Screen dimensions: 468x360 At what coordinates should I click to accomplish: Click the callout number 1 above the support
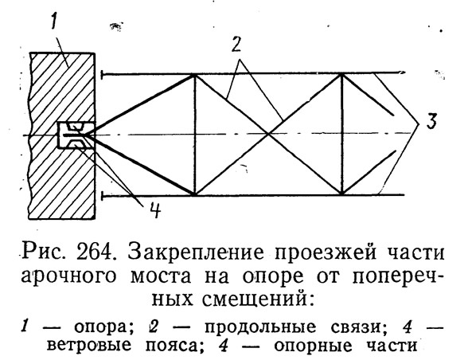click(54, 19)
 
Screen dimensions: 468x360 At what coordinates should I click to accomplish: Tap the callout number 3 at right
click(431, 122)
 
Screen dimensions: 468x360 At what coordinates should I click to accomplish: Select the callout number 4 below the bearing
click(154, 210)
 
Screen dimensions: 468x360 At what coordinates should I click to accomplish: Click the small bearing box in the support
click(76, 135)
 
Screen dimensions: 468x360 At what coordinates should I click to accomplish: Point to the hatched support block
click(61, 136)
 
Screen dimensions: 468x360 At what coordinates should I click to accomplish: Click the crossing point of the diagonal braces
click(268, 134)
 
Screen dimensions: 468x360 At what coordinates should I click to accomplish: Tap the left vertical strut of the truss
click(194, 134)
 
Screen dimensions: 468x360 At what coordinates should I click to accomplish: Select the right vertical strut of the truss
click(342, 134)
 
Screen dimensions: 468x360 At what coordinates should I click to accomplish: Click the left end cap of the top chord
click(103, 74)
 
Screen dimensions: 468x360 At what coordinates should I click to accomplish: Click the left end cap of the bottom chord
click(103, 196)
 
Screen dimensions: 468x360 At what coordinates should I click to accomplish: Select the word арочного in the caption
click(68, 277)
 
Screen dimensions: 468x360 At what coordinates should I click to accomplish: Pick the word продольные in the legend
click(260, 327)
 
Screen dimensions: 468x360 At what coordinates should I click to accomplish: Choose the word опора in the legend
click(103, 328)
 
